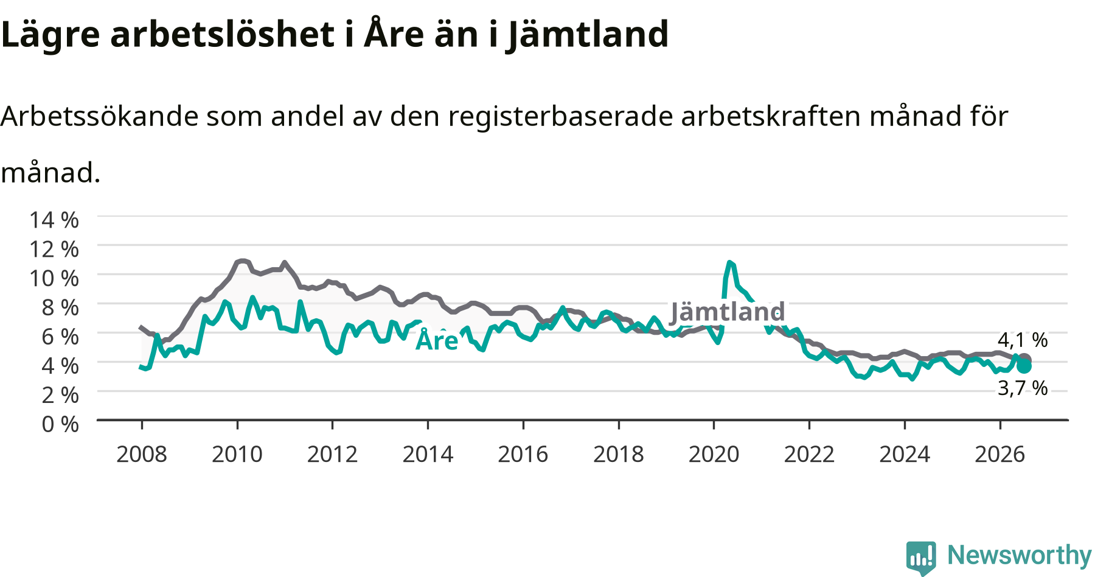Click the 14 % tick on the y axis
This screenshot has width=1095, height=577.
point(54,220)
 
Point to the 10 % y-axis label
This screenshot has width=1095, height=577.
point(54,278)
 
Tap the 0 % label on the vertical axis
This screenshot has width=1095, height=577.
point(60,424)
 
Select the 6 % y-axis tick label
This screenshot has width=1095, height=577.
point(60,337)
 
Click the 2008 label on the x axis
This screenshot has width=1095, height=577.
point(142,454)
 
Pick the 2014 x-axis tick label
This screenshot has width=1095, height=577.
point(428,454)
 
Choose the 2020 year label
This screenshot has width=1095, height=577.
point(714,454)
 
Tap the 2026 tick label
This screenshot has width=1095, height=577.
point(1000,454)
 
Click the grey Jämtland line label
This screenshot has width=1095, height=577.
point(728,312)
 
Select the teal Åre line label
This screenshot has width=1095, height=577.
point(437,340)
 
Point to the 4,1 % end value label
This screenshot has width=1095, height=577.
point(1023,340)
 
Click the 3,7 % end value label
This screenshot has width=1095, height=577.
point(1023,388)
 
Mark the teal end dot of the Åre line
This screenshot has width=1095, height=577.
point(1024,366)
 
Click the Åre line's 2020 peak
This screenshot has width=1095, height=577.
point(729,262)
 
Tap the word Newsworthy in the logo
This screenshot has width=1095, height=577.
point(1020,555)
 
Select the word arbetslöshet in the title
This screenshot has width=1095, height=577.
point(222,34)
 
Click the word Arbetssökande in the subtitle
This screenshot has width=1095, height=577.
point(99,116)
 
